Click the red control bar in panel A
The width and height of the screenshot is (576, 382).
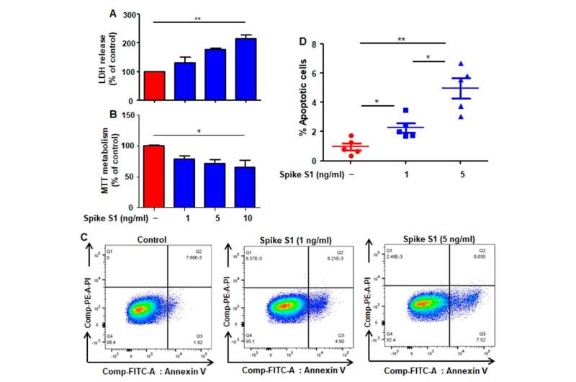[155, 86]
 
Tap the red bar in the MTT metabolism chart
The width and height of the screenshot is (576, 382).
[155, 176]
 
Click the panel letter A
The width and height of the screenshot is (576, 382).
[111, 12]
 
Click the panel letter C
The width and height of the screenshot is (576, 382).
[85, 236]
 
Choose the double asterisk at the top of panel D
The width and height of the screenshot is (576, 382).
[402, 40]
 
